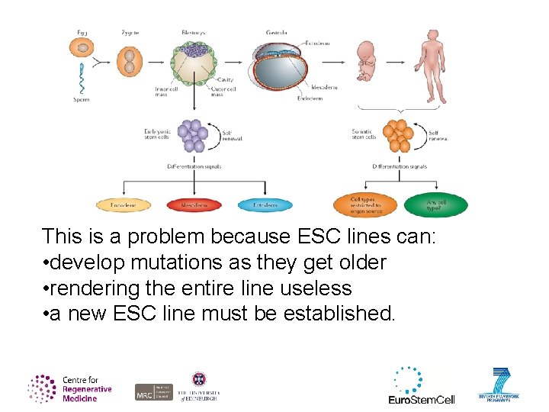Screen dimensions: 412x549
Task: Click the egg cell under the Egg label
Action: (82, 55)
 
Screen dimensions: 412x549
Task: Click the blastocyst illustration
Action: (193, 61)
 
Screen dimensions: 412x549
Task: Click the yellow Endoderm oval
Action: (124, 205)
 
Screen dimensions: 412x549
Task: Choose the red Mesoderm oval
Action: (194, 205)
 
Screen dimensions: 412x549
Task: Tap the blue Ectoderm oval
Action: (265, 205)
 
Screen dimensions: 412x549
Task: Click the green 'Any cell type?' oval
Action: (435, 204)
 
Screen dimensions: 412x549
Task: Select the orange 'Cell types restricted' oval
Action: (364, 204)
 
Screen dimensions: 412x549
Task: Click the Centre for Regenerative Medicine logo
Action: (69, 388)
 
